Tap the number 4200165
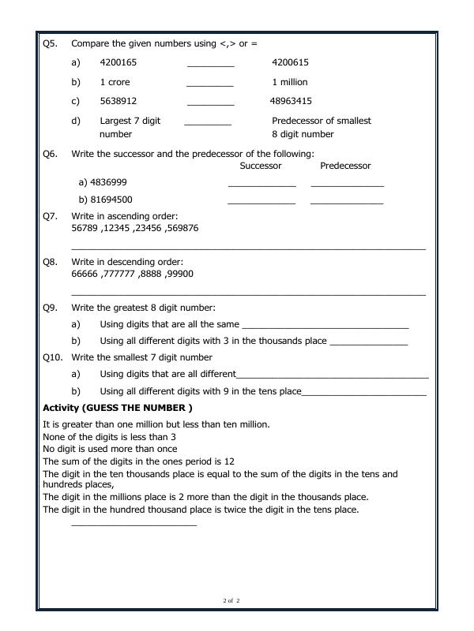coord(118,62)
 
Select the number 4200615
coord(290,62)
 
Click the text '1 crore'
coord(115,82)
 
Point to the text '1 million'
coord(290,82)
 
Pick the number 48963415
coord(291,101)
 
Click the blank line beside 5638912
coord(210,103)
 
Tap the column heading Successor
coord(261,166)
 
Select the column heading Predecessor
coord(345,166)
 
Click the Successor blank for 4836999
coord(261,185)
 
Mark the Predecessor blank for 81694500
coord(347,203)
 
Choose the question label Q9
coord(50,308)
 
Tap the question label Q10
coord(52,357)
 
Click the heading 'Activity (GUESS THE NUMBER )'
coord(117,409)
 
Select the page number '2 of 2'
coord(231,602)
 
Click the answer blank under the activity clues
coord(134,524)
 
